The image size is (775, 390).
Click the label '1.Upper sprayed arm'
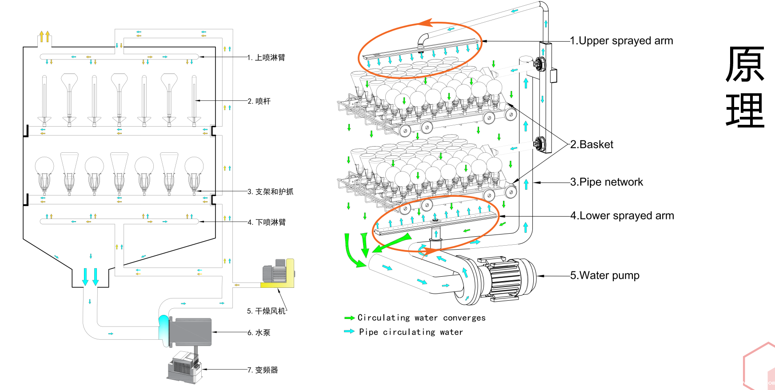coord(621,41)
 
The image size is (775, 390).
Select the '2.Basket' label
coord(591,144)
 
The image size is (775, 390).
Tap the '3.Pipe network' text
coord(607,182)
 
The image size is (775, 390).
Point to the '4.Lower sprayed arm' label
coord(622,216)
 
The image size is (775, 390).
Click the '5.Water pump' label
coord(605,275)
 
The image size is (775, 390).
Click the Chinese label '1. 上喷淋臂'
coord(266,58)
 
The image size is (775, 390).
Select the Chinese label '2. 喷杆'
coord(259,101)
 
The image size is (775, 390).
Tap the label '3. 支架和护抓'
coord(270,192)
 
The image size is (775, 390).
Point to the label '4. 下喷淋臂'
coord(267,222)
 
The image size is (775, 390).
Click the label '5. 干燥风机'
coord(266,311)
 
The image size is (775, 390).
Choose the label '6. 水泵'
coord(259,333)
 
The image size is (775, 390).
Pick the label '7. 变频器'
coord(263,370)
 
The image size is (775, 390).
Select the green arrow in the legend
coord(349,318)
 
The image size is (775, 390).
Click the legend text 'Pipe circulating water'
coord(411,332)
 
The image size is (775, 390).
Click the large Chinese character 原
coord(745,65)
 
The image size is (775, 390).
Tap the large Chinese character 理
coord(745,111)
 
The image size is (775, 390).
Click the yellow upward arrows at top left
coord(44,36)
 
